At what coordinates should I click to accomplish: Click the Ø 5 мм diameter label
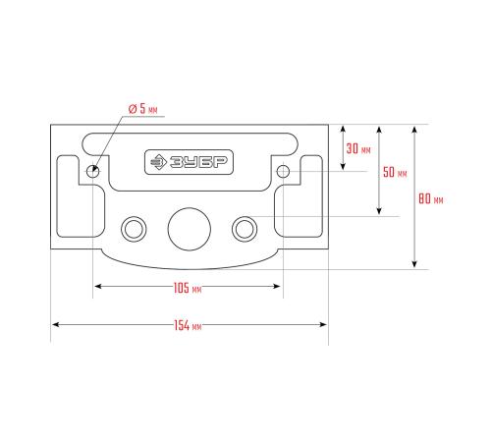click(142, 109)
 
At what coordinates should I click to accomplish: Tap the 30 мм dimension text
click(358, 148)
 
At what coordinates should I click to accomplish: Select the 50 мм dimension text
click(395, 172)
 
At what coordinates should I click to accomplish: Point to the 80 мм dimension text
click(431, 198)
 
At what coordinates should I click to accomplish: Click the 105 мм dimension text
click(188, 288)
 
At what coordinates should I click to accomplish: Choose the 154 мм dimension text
click(188, 326)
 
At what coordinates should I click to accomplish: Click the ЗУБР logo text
click(198, 162)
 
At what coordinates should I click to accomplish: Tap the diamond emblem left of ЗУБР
click(159, 162)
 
